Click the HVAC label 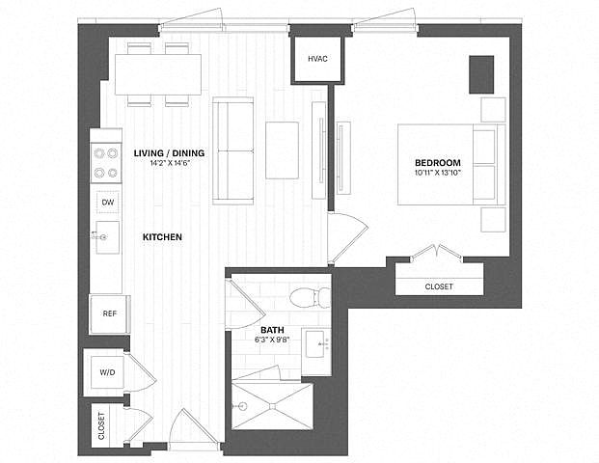[318, 59]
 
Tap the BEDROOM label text [438, 163]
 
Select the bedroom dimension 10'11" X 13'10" [438, 173]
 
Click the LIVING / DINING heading [169, 153]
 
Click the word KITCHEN [162, 237]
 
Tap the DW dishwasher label [108, 203]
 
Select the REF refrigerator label [110, 314]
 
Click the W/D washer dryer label [107, 372]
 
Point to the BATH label [272, 330]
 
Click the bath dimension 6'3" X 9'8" [272, 340]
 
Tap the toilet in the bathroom [311, 298]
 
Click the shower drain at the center [273, 406]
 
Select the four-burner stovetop [106, 163]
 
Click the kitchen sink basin [107, 237]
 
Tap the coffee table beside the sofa [282, 150]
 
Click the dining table [158, 74]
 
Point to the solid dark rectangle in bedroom [481, 74]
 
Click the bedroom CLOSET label [439, 286]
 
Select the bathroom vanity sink [316, 344]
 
